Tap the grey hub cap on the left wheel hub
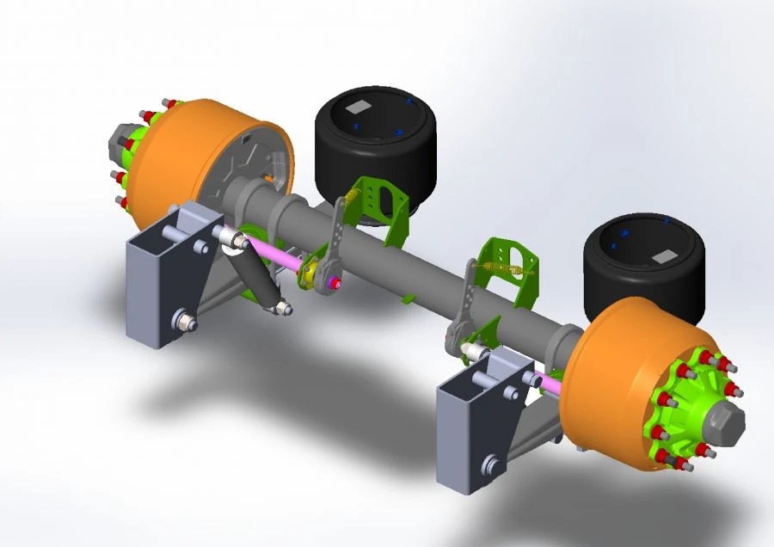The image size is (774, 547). tap(116, 142)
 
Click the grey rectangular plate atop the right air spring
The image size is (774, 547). tap(665, 256)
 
